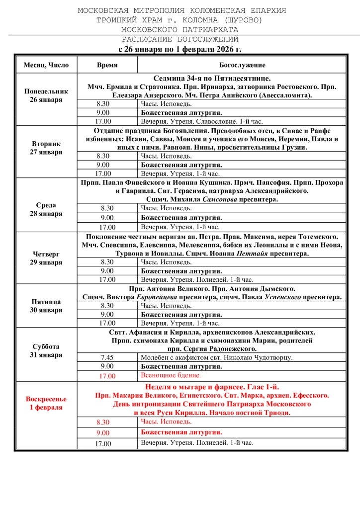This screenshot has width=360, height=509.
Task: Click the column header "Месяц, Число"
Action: pos(46,65)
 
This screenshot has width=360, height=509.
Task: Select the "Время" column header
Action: pos(107,65)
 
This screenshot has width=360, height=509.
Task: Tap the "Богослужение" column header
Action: pos(242,65)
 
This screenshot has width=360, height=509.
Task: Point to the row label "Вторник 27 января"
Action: pos(46,148)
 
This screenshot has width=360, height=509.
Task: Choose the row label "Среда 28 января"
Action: pos(46,209)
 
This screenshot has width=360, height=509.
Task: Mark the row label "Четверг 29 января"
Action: pos(46,258)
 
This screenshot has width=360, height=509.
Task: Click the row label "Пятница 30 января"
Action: pos(46,306)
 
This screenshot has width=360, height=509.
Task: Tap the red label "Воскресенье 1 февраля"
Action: pos(46,403)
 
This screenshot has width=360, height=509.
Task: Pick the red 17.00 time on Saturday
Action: pos(107,376)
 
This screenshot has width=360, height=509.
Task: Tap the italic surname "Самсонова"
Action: pos(224,199)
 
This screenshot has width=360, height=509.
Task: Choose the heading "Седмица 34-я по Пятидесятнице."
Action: pos(211,79)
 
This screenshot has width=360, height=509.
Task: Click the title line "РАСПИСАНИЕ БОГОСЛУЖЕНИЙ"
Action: pos(180,39)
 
